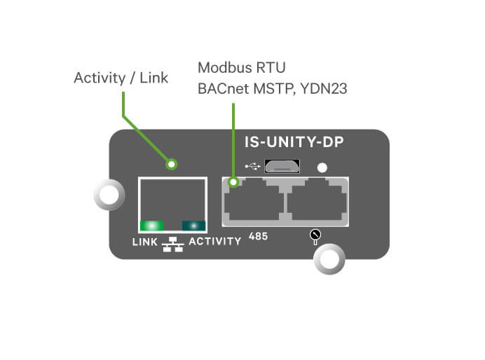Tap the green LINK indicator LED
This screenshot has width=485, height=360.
point(151,226)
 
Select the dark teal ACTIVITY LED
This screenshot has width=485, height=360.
point(191,226)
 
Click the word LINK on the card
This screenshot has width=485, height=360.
point(145,242)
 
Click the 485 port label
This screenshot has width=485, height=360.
point(258,238)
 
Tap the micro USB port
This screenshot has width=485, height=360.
point(282,167)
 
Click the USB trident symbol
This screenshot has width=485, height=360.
point(253,167)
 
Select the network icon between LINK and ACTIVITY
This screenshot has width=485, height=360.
point(171,243)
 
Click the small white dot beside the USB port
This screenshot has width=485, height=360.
point(322,167)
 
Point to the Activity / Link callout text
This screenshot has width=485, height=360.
point(121,78)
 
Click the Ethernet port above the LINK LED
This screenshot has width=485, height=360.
point(172,200)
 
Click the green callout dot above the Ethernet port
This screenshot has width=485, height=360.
point(172,165)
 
